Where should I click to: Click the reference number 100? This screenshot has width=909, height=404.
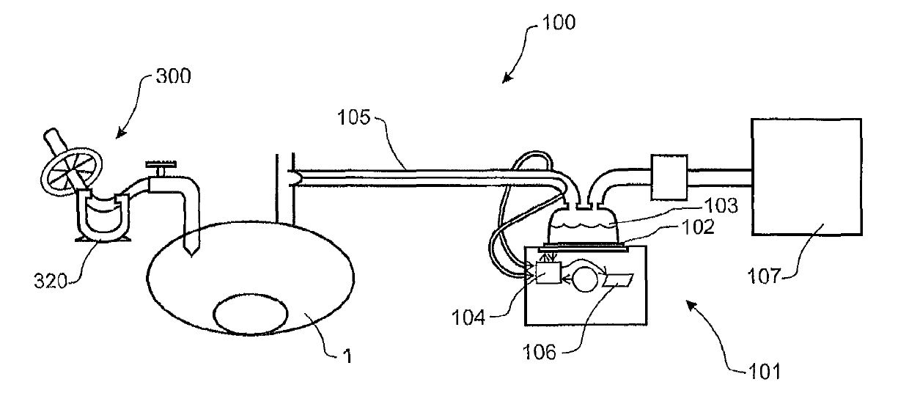tap(560, 22)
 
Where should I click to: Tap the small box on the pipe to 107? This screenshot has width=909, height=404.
tap(668, 177)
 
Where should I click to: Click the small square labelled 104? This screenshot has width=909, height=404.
tap(548, 273)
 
